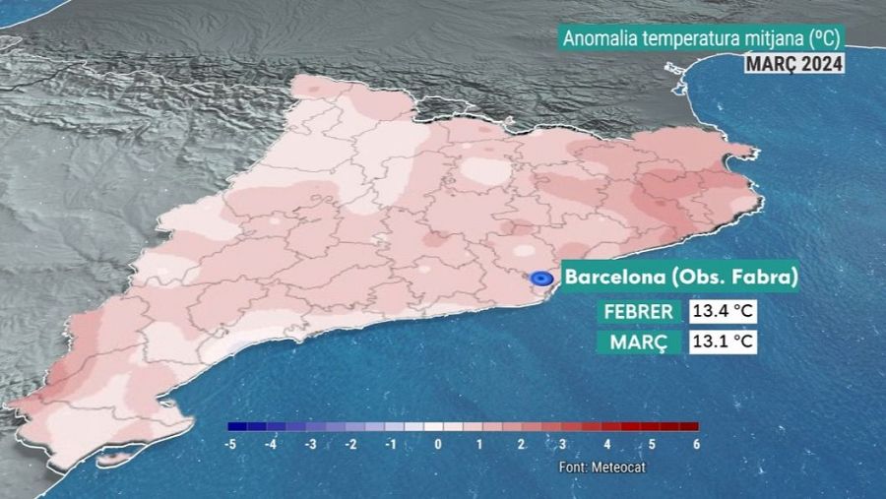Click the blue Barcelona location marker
tap(540, 279)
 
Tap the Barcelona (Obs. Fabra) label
tap(679, 278)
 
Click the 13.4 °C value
tap(723, 312)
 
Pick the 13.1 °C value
tap(723, 342)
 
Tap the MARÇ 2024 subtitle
tap(792, 64)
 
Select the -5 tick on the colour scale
tap(230, 445)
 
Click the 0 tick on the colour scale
tap(437, 445)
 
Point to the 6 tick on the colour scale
tap(696, 445)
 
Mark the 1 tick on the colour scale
tap(479, 445)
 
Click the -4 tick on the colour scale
tap(271, 445)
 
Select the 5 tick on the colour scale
tap(653, 445)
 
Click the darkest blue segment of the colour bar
tap(237, 427)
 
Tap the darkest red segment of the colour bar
tap(688, 427)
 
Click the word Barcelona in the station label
tap(611, 278)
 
